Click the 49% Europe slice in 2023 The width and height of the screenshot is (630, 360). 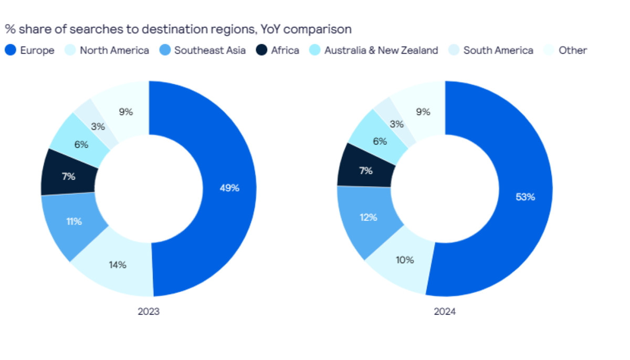click(229, 188)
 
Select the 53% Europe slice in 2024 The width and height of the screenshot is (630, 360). click(526, 197)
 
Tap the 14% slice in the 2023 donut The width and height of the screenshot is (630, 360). click(118, 265)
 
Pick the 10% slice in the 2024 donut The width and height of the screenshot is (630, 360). click(405, 260)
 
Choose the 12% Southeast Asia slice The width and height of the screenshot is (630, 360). click(369, 217)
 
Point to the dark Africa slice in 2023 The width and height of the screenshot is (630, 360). click(68, 177)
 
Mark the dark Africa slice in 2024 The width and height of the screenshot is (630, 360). click(365, 171)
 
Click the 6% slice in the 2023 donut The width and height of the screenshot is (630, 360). click(81, 144)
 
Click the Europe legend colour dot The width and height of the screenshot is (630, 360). click(10, 50)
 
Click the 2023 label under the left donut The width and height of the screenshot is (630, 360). click(149, 312)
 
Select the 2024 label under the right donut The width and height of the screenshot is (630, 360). click(445, 312)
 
